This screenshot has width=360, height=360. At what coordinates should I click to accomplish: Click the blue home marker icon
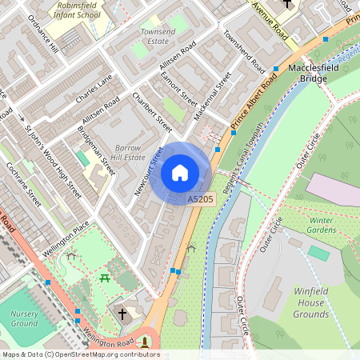[180, 173]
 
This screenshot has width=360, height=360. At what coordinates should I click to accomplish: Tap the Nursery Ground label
[24, 319]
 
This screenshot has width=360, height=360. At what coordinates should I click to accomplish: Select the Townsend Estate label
[158, 35]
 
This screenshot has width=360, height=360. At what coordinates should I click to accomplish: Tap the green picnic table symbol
[106, 278]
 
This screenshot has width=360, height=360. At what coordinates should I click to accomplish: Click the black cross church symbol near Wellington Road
[122, 313]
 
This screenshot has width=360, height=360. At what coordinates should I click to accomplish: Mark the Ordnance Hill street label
[43, 33]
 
